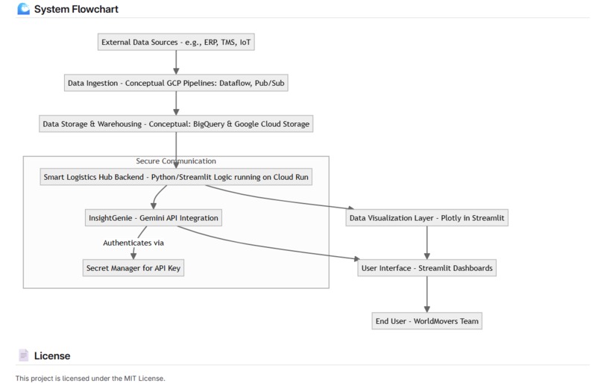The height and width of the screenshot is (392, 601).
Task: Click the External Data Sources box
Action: pyautogui.click(x=176, y=43)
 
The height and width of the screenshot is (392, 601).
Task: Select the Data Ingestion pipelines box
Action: pyautogui.click(x=176, y=83)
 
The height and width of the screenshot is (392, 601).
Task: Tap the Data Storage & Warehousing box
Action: pyautogui.click(x=176, y=124)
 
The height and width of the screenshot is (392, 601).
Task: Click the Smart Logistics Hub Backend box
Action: pyautogui.click(x=176, y=178)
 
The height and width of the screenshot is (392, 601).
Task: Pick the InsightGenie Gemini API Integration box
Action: pyautogui.click(x=153, y=219)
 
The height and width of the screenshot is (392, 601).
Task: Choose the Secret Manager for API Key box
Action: pyautogui.click(x=133, y=267)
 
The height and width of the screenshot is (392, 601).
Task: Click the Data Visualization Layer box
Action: pyautogui.click(x=427, y=219)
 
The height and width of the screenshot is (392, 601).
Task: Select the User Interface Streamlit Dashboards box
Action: pyautogui.click(x=427, y=267)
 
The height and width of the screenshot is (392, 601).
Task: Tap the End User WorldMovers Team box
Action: pyautogui.click(x=427, y=321)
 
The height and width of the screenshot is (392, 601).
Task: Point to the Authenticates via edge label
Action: pyautogui.click(x=133, y=243)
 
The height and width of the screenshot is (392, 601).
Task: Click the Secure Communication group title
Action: pyautogui.click(x=176, y=161)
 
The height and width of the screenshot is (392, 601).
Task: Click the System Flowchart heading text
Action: pyautogui.click(x=76, y=10)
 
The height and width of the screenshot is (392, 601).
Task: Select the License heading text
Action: pyautogui.click(x=52, y=356)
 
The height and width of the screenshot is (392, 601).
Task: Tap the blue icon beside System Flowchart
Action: pyautogui.click(x=24, y=10)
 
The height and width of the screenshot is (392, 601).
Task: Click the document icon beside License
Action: pyautogui.click(x=24, y=356)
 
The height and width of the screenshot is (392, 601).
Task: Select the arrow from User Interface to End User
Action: pyautogui.click(x=427, y=294)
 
